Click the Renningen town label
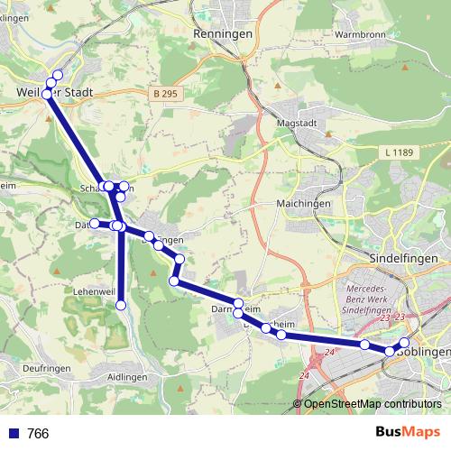[x=221, y=33]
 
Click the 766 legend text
[x=38, y=434]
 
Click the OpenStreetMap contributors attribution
[x=372, y=404]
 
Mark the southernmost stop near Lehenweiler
[x=121, y=305]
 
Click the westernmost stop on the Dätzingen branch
[x=94, y=223]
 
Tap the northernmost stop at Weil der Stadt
[x=58, y=75]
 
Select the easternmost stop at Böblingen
[x=404, y=342]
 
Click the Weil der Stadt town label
[x=54, y=92]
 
